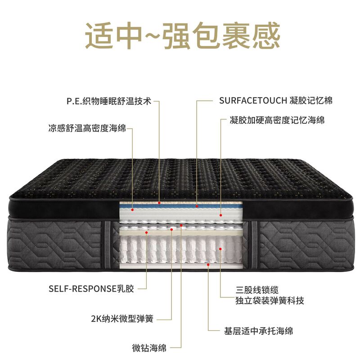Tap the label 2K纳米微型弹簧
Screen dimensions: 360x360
click(x=121, y=319)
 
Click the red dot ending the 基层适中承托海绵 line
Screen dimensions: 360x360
click(x=208, y=265)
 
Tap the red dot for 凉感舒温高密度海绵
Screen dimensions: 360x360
click(x=133, y=210)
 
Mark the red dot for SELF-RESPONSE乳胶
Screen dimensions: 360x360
click(x=147, y=232)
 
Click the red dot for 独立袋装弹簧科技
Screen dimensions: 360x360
click(x=220, y=248)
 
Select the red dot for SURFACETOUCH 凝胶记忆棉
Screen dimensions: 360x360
click(x=197, y=207)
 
